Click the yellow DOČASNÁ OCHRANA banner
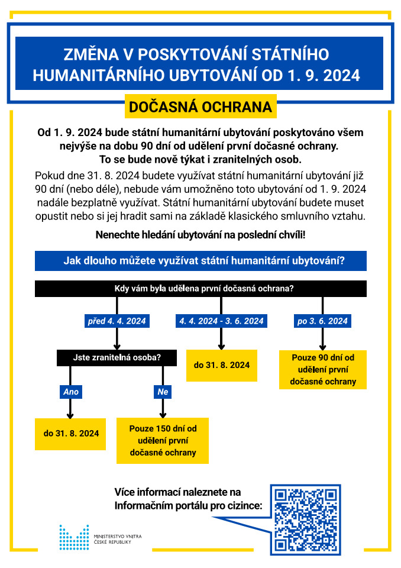200,107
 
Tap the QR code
305,518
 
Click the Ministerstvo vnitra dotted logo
73,537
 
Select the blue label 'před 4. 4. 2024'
117,321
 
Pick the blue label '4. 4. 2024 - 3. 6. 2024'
221,321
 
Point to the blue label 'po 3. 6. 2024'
323,321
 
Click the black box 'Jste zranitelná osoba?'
117,357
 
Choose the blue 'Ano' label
70,392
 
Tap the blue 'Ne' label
163,392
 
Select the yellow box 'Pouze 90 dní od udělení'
323,370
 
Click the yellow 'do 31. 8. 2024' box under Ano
71,433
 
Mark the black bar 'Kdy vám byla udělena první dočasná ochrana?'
200,289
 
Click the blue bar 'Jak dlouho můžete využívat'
200,261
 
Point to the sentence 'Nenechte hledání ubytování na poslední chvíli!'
200,235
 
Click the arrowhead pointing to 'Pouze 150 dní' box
163,414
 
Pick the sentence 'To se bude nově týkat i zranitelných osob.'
200,160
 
